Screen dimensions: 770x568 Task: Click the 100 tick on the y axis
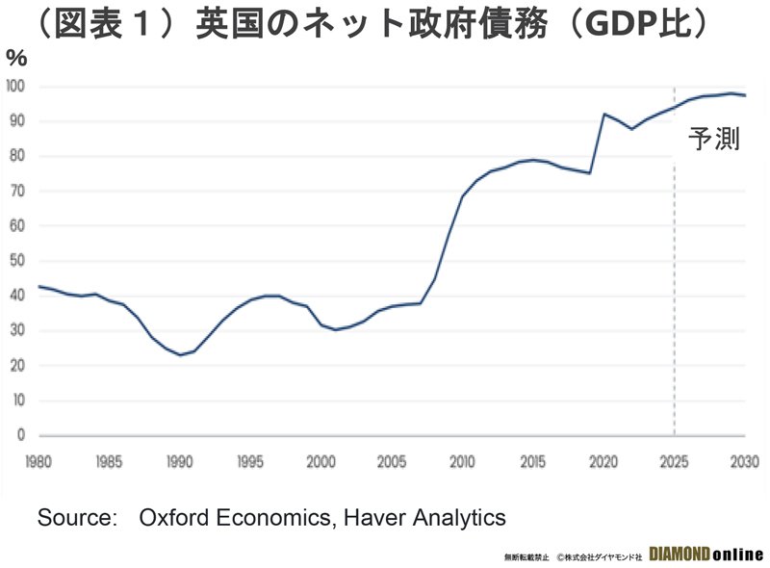click(15, 87)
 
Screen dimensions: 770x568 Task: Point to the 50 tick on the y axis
click(17, 261)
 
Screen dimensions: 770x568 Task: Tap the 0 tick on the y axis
click(20, 435)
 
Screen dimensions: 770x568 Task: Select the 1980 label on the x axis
click(38, 462)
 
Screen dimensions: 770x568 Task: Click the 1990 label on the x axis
click(179, 462)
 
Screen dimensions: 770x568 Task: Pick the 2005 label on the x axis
click(392, 462)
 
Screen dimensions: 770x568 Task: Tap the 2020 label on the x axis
click(603, 462)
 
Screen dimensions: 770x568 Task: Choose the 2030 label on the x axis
click(745, 462)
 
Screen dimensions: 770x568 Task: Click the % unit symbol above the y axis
click(16, 59)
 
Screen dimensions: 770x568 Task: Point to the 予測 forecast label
click(714, 139)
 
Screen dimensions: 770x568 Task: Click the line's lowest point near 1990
click(180, 354)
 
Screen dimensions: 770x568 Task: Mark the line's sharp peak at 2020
click(603, 114)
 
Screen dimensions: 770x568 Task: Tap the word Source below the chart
click(74, 517)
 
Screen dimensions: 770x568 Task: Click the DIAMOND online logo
click(706, 555)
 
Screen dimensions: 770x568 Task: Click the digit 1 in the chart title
click(143, 23)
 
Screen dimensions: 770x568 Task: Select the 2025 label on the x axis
click(675, 462)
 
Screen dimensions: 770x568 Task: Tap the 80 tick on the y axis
click(17, 156)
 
